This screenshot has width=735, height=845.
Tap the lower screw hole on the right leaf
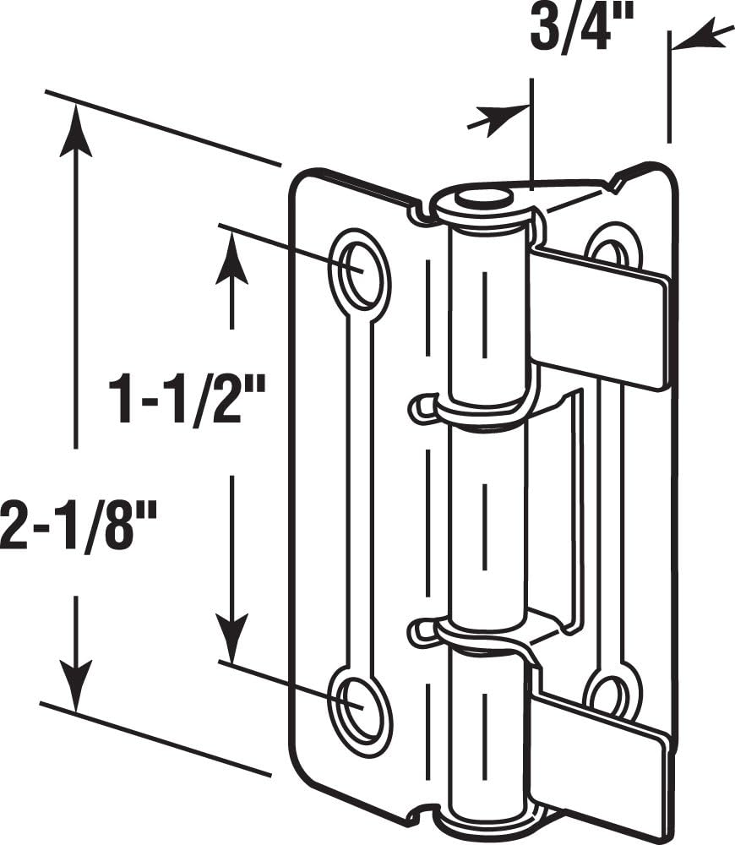click(x=610, y=695)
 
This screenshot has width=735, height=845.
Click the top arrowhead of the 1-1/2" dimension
click(x=231, y=262)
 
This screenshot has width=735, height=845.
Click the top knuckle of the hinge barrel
click(x=488, y=313)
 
